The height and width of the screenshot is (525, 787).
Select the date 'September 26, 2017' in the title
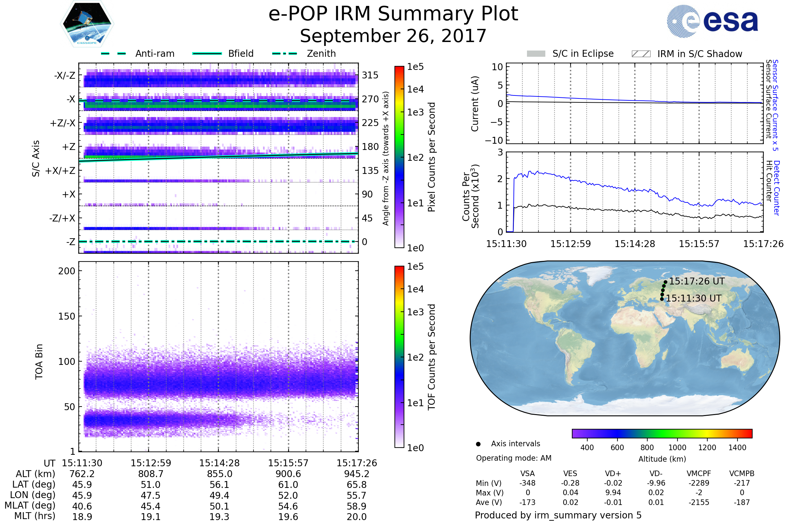393,36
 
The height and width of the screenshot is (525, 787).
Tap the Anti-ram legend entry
154,53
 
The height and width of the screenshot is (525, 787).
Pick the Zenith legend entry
321,53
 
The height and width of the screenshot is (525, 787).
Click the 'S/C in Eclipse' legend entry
583,53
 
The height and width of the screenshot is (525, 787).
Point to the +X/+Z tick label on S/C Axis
60,171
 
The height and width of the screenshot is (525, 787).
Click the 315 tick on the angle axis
370,75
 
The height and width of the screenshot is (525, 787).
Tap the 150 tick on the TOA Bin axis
67,316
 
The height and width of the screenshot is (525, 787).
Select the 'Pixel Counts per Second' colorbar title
432,157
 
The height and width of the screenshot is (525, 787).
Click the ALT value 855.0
219,474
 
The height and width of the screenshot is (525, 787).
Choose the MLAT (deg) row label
30,506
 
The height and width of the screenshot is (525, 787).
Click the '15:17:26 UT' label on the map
696,281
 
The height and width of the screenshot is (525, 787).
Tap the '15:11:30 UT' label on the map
693,298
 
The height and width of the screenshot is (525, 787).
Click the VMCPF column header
699,474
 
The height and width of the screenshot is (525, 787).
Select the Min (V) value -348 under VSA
527,483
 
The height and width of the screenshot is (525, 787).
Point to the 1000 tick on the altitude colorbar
677,448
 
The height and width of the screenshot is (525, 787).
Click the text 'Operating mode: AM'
514,458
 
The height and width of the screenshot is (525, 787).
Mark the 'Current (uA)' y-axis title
475,104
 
